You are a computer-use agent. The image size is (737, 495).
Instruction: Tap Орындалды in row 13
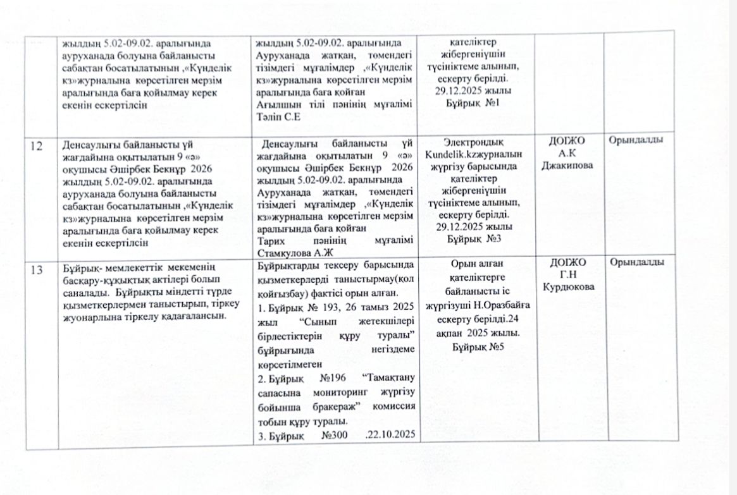pyautogui.click(x=636, y=263)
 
